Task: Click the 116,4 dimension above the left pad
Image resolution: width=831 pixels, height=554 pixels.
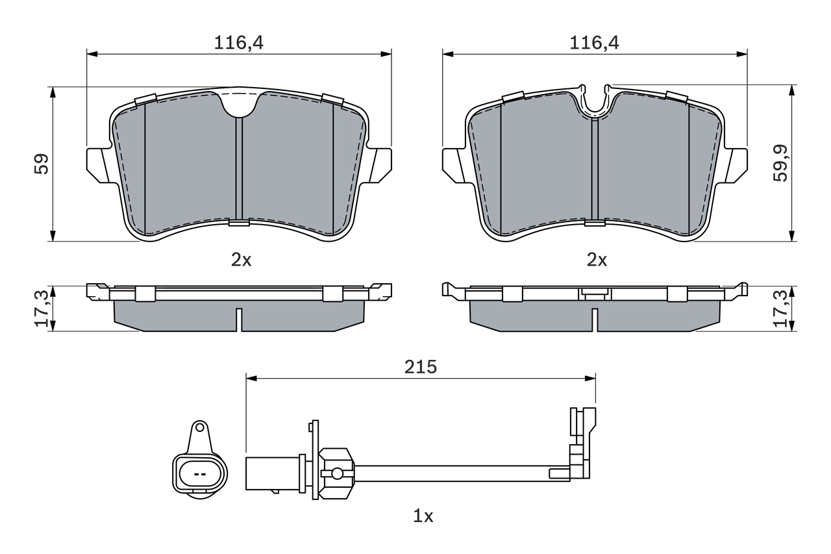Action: pyautogui.click(x=240, y=43)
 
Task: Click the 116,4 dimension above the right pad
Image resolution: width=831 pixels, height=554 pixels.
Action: pyautogui.click(x=595, y=43)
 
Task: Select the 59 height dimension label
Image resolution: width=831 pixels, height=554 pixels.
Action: pyautogui.click(x=41, y=163)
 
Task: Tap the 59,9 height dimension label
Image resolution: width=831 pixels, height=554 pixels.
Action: pyautogui.click(x=781, y=163)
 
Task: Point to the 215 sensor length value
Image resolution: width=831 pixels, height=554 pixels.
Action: pyautogui.click(x=421, y=366)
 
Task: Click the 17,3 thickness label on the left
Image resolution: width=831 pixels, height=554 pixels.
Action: pyautogui.click(x=41, y=309)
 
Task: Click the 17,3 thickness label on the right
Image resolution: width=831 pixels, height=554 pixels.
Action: pyautogui.click(x=781, y=309)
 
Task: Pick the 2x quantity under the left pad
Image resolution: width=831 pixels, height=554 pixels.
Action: pyautogui.click(x=241, y=260)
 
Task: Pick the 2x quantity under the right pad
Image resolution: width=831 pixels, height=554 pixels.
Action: pyautogui.click(x=596, y=260)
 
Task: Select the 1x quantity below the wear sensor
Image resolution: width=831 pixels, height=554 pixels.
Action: pyautogui.click(x=423, y=516)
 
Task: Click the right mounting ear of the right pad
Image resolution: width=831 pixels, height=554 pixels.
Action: pyautogui.click(x=737, y=164)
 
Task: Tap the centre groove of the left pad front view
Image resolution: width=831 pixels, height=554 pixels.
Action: pyautogui.click(x=239, y=169)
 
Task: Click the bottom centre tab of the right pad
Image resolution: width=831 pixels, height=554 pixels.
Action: pyautogui.click(x=595, y=223)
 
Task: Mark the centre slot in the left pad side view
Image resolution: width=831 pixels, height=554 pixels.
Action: pyautogui.click(x=239, y=319)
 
